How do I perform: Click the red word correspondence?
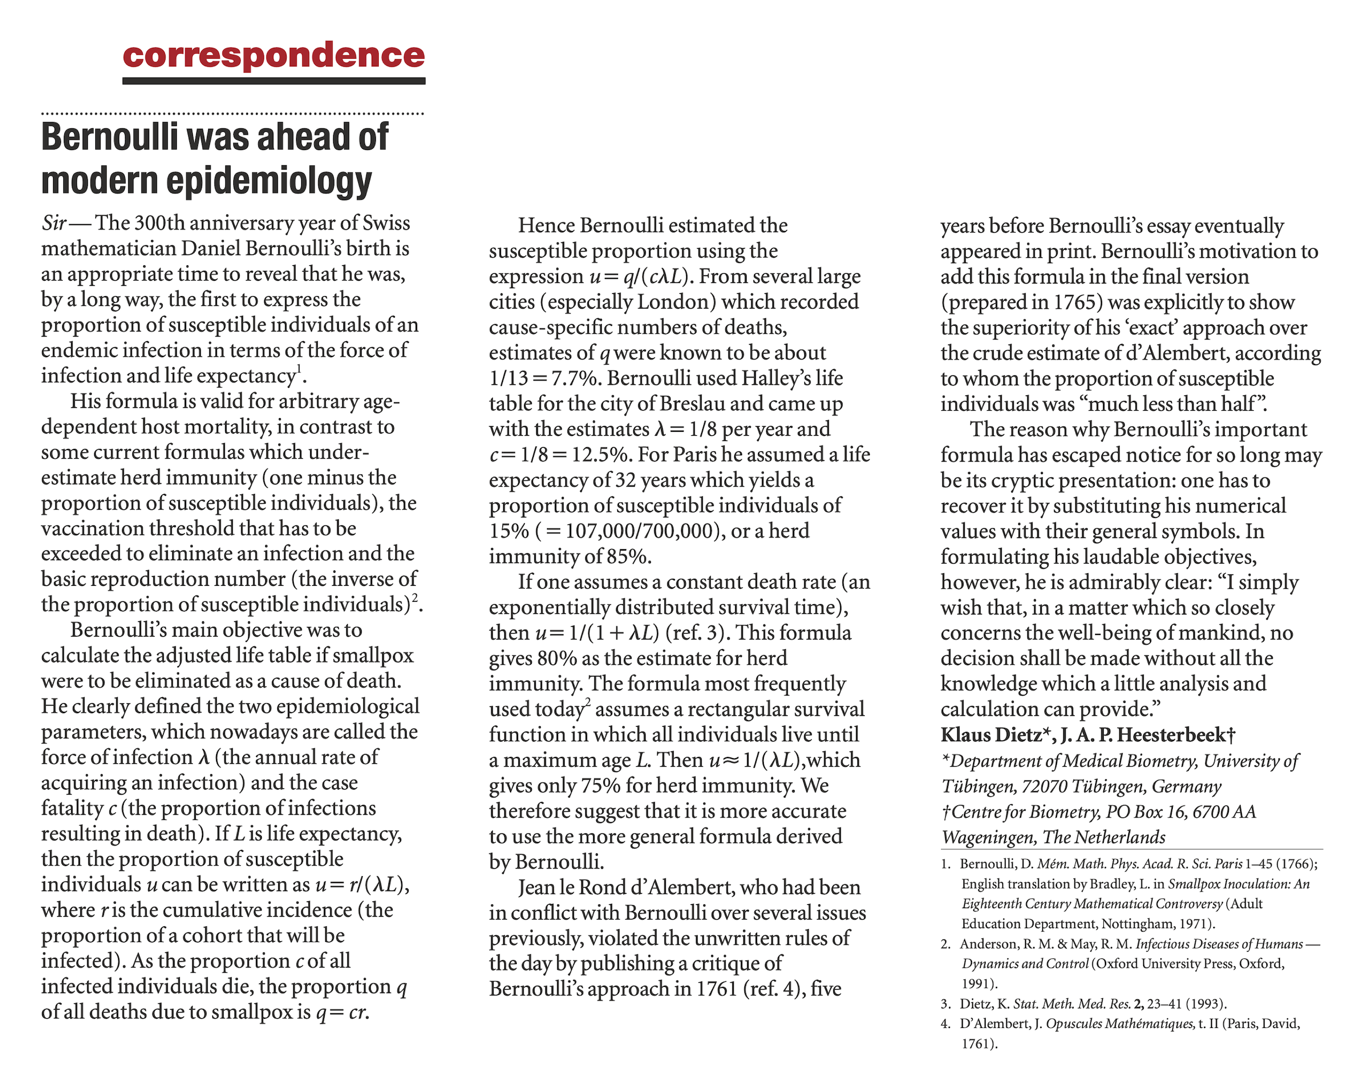pyautogui.click(x=274, y=56)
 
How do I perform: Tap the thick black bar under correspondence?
pyautogui.click(x=274, y=81)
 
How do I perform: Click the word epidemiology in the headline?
pyautogui.click(x=269, y=181)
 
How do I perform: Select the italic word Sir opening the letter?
pyautogui.click(x=54, y=224)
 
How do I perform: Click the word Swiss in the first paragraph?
pyautogui.click(x=386, y=224)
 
